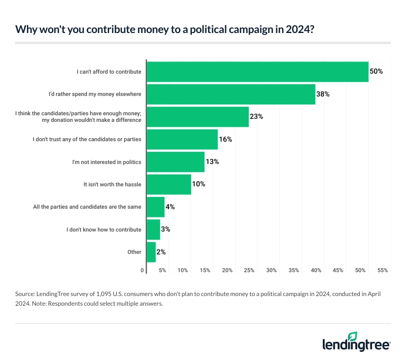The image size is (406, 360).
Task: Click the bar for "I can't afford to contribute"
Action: tap(257, 72)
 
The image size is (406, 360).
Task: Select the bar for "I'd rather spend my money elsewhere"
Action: tap(231, 94)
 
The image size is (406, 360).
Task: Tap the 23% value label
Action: tap(256, 117)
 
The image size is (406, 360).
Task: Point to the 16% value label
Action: tap(226, 139)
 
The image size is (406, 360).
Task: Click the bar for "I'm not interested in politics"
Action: tap(176, 161)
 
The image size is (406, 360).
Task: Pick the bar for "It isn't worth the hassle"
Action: tap(169, 184)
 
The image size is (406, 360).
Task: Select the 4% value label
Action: tap(171, 207)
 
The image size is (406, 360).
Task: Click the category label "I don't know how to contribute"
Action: tap(104, 230)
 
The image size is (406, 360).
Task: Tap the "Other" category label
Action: tap(134, 252)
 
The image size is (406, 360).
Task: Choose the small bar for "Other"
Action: tap(151, 252)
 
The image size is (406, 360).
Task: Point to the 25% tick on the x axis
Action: tap(249, 271)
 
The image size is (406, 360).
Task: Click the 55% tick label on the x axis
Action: tap(382, 271)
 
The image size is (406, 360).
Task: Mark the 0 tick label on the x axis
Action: tap(143, 271)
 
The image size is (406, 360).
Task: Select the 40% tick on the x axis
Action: tap(316, 271)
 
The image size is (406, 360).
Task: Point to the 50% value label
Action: tap(376, 72)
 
